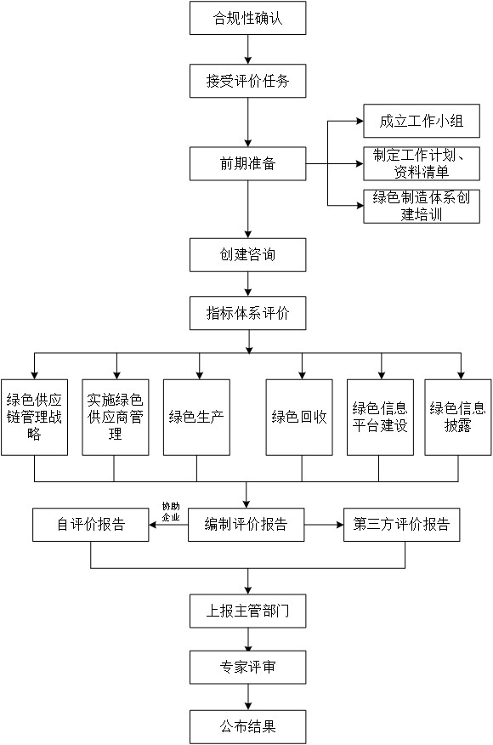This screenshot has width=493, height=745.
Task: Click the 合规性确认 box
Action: point(247,18)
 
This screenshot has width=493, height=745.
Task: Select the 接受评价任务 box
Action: point(247,82)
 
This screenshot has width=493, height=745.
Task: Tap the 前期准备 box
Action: point(247,163)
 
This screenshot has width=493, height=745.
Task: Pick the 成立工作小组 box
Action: point(422,121)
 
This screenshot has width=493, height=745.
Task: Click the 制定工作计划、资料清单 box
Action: point(422,163)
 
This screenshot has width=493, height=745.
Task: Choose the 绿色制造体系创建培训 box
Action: point(422,206)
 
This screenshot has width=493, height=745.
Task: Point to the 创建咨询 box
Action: point(247,254)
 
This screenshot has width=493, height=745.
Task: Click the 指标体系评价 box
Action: point(247,313)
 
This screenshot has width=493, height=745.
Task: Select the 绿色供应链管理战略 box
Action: point(34,418)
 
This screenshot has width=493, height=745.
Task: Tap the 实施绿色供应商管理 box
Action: point(116,418)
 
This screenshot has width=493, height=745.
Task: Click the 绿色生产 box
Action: point(196,418)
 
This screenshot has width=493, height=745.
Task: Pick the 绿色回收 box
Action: point(299,418)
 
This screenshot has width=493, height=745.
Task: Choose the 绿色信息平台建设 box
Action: point(380,418)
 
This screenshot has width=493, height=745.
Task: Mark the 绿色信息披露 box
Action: point(458,418)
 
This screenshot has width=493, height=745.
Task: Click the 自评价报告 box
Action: point(90,525)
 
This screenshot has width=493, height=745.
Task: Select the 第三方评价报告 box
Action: point(401,525)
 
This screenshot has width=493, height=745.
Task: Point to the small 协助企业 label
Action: point(171,512)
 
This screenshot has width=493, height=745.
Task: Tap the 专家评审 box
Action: point(247,667)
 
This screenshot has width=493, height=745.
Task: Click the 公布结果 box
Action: point(247,727)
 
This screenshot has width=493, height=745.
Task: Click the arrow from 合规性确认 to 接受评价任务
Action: point(247,49)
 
